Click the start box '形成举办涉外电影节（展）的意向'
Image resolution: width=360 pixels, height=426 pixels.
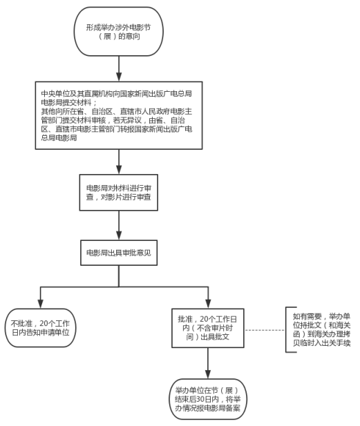click(x=119, y=32)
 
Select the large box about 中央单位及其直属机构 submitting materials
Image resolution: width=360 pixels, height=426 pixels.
click(x=119, y=115)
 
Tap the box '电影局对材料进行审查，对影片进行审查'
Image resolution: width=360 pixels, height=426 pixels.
click(x=119, y=193)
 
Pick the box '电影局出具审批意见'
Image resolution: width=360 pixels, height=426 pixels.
click(x=119, y=253)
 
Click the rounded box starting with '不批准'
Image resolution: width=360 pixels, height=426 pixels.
click(x=40, y=328)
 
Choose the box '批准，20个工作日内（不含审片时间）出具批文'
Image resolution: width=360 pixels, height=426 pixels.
click(x=208, y=328)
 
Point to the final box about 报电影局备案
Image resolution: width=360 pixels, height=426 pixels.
click(x=208, y=399)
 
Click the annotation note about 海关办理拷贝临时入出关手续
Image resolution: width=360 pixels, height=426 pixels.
click(x=321, y=329)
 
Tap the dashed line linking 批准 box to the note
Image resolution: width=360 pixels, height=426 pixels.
click(x=265, y=330)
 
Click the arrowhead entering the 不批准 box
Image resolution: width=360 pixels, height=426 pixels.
click(x=41, y=304)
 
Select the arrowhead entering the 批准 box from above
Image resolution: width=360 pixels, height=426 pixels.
click(x=208, y=304)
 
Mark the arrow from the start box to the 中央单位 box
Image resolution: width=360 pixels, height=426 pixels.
click(x=119, y=69)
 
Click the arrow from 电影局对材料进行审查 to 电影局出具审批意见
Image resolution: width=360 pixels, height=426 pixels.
click(x=119, y=226)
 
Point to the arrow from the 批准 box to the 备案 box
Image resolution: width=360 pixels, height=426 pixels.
click(x=208, y=363)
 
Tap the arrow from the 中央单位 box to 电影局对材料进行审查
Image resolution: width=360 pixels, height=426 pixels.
click(x=119, y=162)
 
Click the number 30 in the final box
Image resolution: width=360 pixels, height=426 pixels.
click(x=200, y=399)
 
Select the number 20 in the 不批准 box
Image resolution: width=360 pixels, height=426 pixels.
click(x=44, y=323)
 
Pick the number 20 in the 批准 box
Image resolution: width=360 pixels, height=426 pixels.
click(x=204, y=319)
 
